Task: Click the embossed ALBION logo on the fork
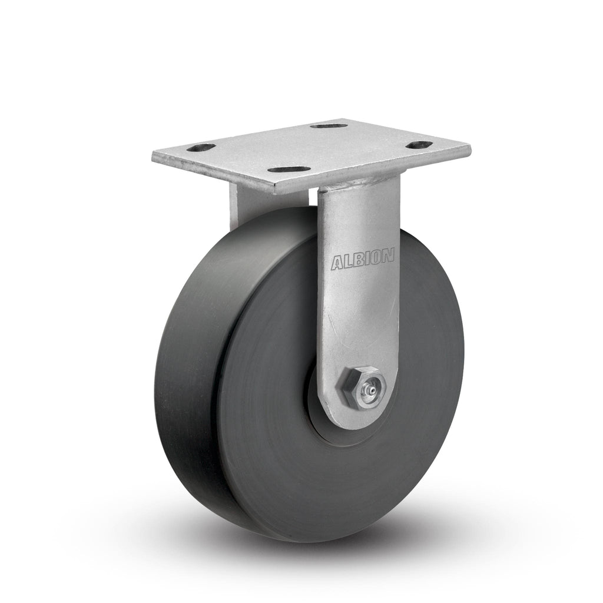tap(363, 260)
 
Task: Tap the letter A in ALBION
tap(337, 264)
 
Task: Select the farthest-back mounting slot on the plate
tap(327, 125)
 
